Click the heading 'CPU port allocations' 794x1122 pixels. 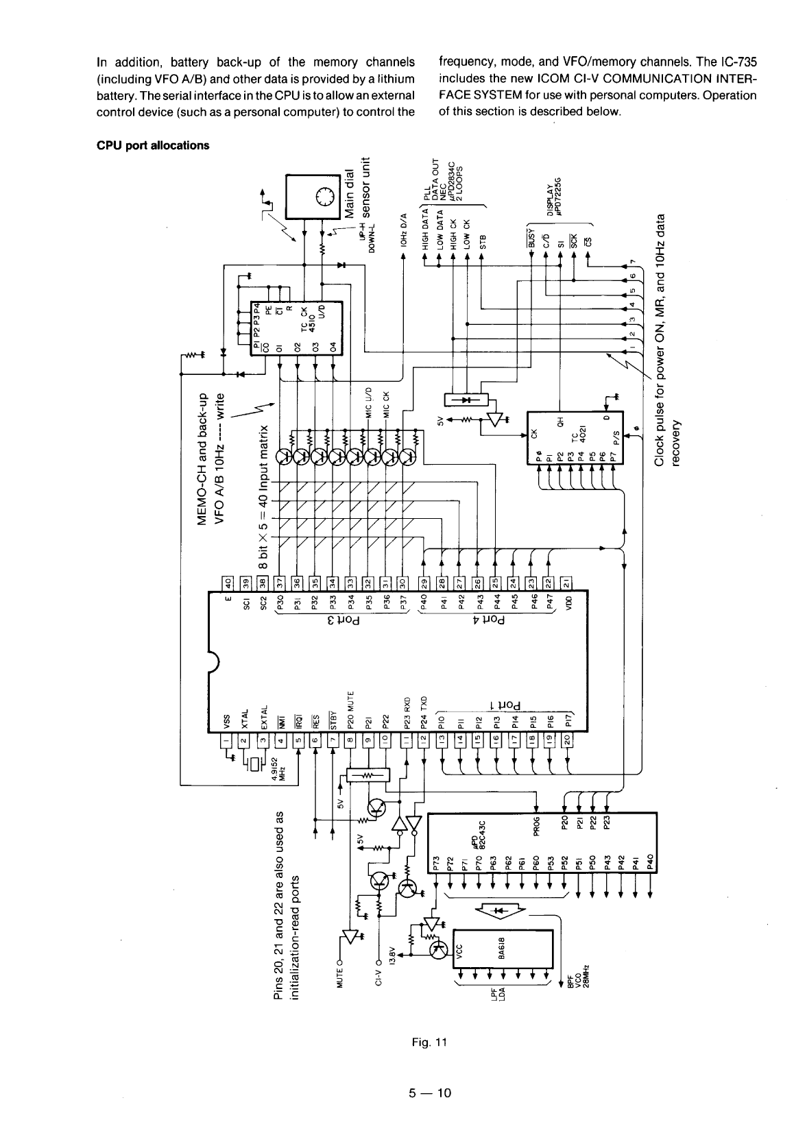(x=152, y=145)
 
